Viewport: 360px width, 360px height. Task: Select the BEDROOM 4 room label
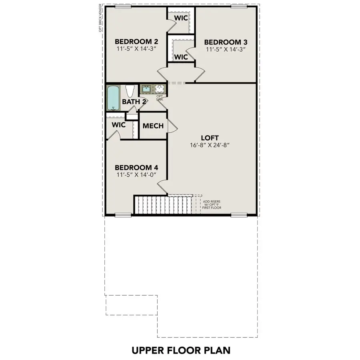point(133,167)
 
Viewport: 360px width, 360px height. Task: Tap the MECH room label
point(153,126)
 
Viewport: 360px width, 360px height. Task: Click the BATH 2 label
point(134,102)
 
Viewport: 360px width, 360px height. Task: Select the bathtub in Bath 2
point(113,98)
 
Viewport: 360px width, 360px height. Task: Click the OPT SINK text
point(159,98)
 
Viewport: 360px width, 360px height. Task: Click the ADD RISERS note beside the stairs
point(212,205)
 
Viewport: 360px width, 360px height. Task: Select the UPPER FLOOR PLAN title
point(181,350)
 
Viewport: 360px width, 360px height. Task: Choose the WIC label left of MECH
point(119,125)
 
